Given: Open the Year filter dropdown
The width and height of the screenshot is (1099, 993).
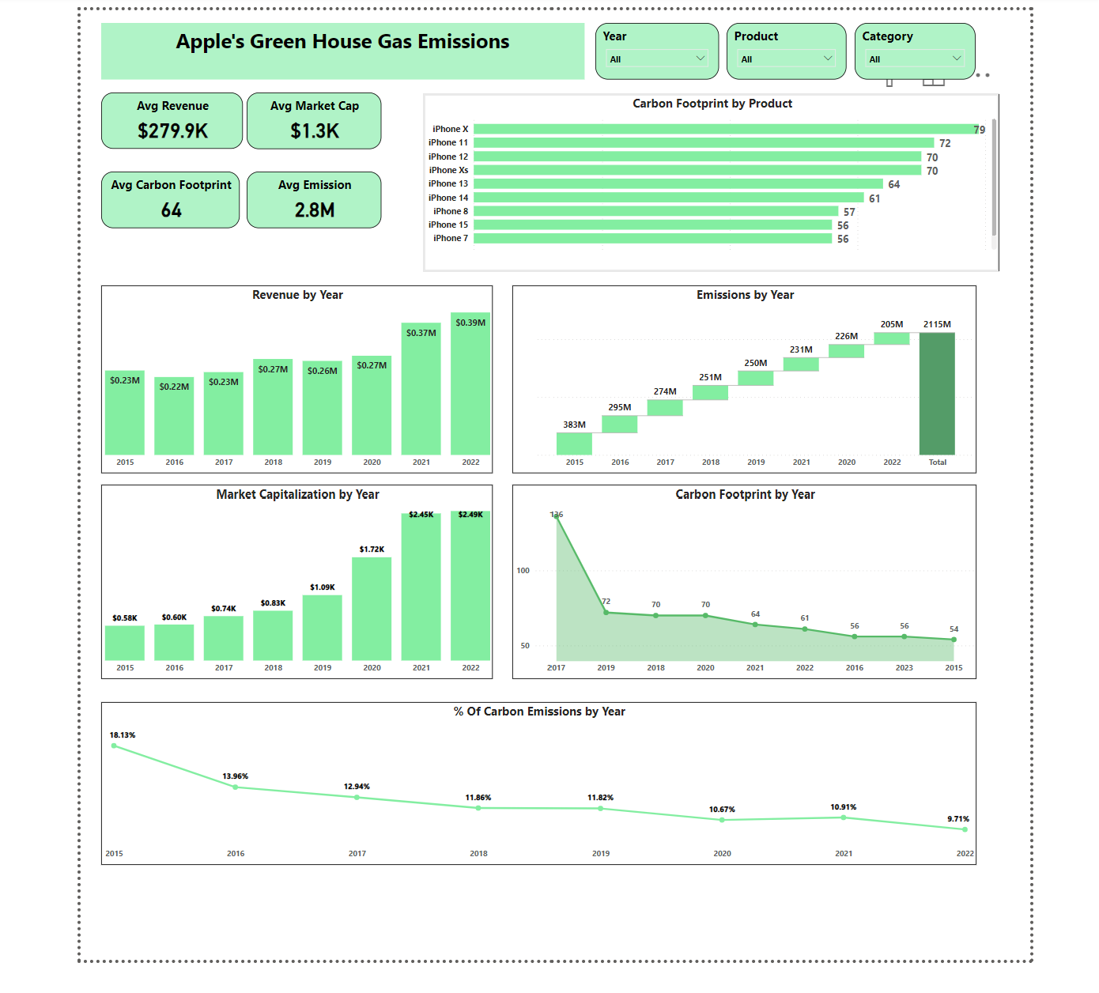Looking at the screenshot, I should [656, 59].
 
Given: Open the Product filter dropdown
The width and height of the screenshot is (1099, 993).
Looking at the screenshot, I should [786, 59].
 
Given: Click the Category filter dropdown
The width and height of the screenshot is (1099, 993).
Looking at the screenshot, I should [914, 59].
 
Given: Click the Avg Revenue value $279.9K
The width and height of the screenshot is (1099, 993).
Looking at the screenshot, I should [172, 131].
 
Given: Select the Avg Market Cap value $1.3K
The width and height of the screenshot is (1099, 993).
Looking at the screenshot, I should [315, 131].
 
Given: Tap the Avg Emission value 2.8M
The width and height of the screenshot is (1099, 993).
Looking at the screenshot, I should [315, 210].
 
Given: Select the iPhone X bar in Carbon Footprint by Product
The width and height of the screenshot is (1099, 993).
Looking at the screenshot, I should [723, 129].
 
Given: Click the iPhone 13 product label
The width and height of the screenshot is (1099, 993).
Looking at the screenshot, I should [448, 183].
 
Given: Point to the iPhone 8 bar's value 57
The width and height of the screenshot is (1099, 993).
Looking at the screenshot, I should [849, 212].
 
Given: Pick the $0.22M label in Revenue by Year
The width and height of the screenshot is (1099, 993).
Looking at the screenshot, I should [174, 387].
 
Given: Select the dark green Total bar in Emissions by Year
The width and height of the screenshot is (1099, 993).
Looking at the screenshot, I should [937, 394].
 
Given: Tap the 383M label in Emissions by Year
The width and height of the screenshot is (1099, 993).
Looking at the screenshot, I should [575, 425].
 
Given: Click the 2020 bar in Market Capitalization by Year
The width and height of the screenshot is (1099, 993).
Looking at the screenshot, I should [372, 609].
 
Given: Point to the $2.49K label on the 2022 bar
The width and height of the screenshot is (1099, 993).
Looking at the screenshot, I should [470, 515].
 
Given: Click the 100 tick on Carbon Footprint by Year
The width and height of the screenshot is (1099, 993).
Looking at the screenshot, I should [523, 570].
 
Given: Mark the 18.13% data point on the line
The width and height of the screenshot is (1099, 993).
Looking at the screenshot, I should [115, 746].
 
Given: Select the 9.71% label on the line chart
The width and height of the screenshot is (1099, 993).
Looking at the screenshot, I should [958, 819].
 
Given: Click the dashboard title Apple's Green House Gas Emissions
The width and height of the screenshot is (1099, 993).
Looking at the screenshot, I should [342, 42].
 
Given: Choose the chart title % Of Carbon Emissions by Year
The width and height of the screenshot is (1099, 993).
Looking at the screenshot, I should [539, 712].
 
